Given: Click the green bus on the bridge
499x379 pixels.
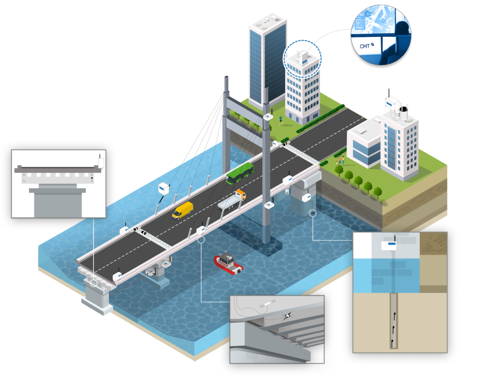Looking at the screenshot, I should pos(241,173).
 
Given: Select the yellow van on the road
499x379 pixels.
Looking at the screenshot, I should pos(183,210).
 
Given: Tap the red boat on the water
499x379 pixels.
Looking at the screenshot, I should pos(229,263).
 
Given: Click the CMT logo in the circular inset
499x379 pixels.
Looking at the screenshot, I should pos(365,45).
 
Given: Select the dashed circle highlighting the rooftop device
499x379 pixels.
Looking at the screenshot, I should pos(302,59).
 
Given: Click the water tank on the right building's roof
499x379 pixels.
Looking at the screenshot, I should pos(404,113).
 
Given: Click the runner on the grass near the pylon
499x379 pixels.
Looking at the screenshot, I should pos(281,120).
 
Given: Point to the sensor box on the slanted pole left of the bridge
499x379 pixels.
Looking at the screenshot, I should pos(164,188).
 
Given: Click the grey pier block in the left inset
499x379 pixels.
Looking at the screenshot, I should pos(57,201).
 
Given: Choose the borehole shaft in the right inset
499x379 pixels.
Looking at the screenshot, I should pos(394,321).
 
